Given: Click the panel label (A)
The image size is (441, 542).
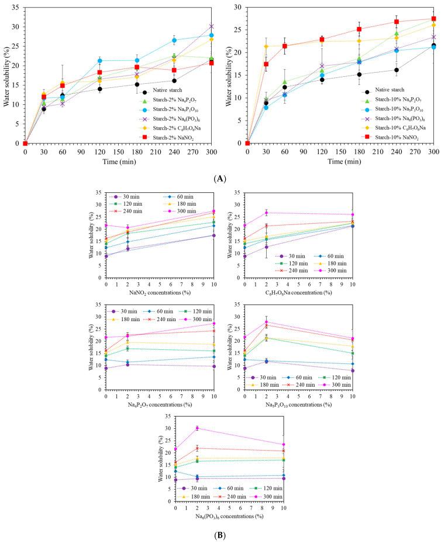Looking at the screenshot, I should pyautogui.click(x=220, y=174).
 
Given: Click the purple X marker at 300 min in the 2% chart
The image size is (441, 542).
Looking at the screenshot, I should pyautogui.click(x=212, y=26).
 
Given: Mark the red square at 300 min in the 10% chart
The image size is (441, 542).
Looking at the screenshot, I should pyautogui.click(x=433, y=19).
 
